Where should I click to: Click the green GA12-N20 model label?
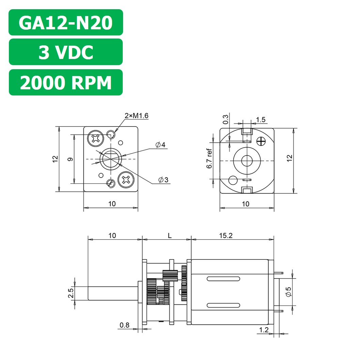[65, 22]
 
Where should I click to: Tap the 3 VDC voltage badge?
[65, 52]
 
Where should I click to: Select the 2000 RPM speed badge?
[65, 82]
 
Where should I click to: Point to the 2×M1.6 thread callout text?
[136, 116]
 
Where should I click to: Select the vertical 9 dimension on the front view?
[70, 159]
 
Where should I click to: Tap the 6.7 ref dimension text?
[210, 159]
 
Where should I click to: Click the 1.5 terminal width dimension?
[260, 120]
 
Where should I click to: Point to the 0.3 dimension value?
[225, 120]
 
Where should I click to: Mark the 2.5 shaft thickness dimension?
[71, 293]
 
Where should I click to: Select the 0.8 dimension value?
[124, 325]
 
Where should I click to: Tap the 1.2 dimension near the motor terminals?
[264, 330]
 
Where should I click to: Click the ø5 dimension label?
[288, 291]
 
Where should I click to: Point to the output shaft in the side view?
[112, 293]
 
